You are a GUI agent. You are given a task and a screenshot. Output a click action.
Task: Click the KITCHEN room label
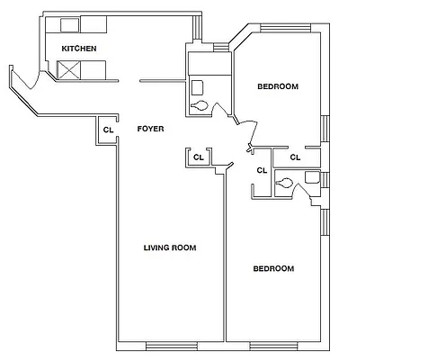pos(78,48)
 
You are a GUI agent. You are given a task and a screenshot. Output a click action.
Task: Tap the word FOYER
pos(150,130)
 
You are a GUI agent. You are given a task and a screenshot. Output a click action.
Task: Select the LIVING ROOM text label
pos(170,247)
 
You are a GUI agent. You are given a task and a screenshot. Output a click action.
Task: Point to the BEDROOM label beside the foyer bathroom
pos(278,86)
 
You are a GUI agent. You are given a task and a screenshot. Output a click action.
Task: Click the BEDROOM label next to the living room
pos(272,268)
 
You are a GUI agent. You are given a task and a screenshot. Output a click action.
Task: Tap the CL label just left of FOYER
pos(108,130)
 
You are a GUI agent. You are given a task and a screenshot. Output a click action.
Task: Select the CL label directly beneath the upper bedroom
pos(295,158)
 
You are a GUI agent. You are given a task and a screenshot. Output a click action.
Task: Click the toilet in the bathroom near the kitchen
pos(201,105)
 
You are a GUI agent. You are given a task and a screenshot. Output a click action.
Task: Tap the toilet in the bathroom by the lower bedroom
pos(285,184)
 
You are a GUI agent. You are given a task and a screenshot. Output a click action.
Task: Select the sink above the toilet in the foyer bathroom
pos(197,87)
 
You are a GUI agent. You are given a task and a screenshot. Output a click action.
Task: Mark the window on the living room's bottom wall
pos(170,346)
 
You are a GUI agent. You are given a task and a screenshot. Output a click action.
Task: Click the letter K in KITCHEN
pos(63,48)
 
